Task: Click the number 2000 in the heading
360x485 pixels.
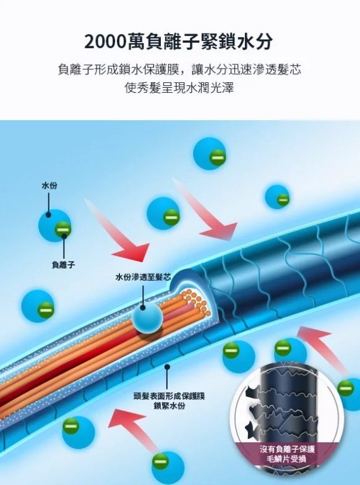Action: click(105, 42)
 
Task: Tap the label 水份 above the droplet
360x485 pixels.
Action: click(49, 186)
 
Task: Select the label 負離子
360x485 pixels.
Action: click(63, 265)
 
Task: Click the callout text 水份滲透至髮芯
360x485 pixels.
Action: click(143, 277)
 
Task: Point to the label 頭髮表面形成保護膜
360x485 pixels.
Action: click(169, 396)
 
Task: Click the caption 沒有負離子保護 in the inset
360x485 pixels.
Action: click(287, 449)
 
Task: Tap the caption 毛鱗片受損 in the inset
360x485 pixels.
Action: click(286, 459)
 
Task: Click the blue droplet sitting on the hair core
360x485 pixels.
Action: click(147, 318)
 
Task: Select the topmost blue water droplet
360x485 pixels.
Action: click(209, 153)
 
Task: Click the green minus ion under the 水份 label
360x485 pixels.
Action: click(63, 230)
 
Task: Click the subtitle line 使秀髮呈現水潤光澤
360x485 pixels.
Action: click(179, 88)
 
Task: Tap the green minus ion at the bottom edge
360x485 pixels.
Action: click(161, 461)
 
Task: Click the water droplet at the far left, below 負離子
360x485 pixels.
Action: click(37, 306)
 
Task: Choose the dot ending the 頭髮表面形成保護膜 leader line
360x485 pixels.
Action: click(167, 367)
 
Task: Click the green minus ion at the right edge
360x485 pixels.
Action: click(345, 388)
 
